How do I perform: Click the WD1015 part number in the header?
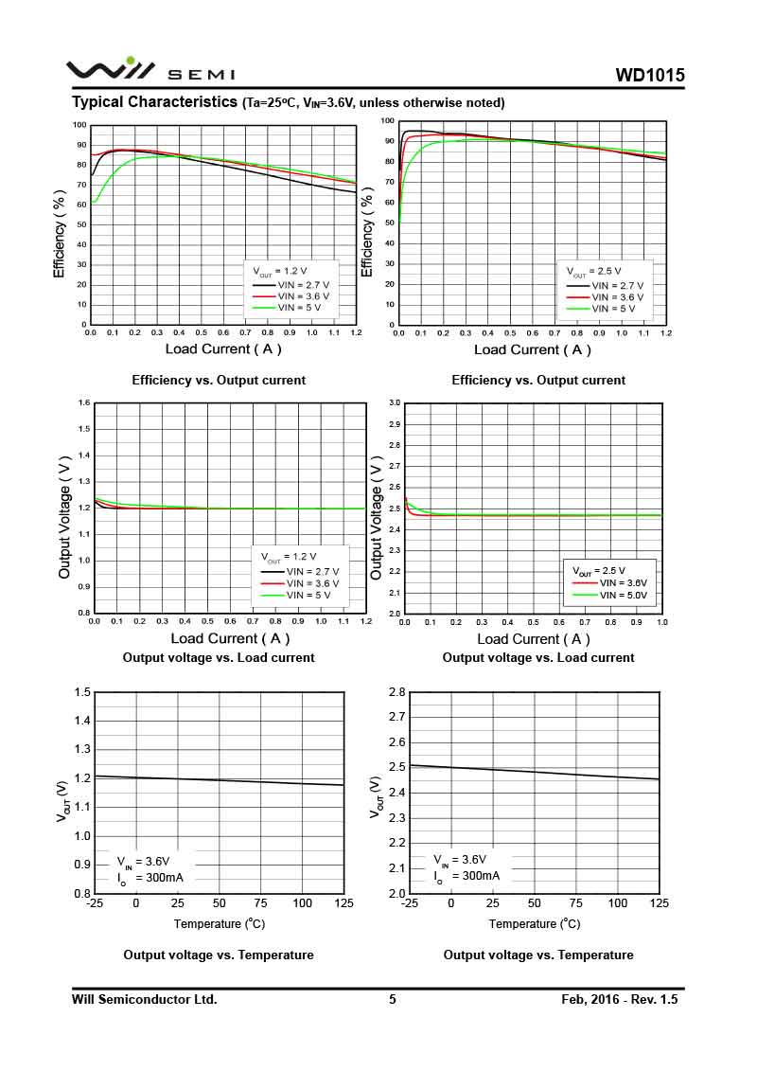tap(649, 76)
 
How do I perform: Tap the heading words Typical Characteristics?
tap(155, 101)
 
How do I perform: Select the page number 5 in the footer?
tap(393, 999)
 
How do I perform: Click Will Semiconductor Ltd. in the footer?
tap(145, 999)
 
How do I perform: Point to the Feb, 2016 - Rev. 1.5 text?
tap(620, 999)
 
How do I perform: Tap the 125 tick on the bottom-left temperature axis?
tap(344, 903)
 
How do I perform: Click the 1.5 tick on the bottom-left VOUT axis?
tap(83, 692)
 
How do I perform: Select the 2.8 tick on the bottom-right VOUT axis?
tap(397, 692)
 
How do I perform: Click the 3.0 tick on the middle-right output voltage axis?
tap(395, 403)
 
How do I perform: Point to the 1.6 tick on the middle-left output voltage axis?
tap(83, 403)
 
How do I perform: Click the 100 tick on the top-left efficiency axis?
tap(80, 125)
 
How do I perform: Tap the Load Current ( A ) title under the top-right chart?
tap(532, 349)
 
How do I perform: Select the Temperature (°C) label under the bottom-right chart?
tap(535, 923)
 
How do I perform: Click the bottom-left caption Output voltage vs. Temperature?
tap(219, 955)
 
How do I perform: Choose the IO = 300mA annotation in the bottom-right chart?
tap(467, 876)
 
